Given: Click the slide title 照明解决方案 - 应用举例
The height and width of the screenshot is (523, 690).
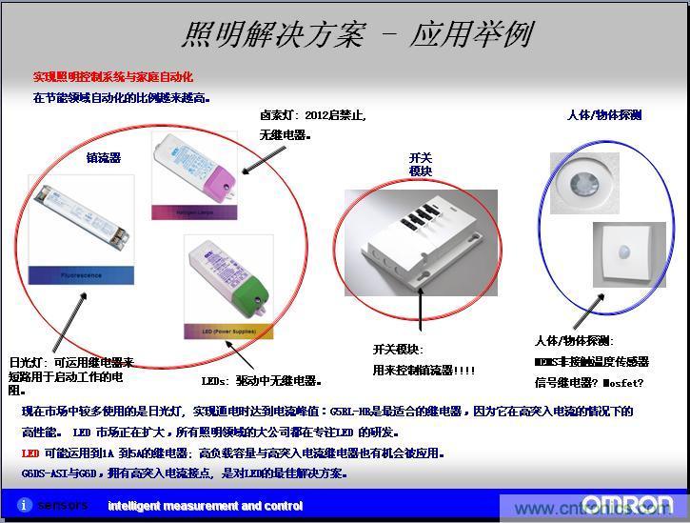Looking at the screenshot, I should point(356,34).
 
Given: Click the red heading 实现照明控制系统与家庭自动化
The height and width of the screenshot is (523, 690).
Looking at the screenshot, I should point(113,76).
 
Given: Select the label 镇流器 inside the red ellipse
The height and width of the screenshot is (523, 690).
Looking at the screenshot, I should point(104,158).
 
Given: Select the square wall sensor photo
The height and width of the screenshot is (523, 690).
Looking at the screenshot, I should point(628,253).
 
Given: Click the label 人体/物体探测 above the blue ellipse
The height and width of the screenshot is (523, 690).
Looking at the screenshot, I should point(604,115).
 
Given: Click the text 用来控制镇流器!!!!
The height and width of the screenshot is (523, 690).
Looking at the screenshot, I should point(424,370).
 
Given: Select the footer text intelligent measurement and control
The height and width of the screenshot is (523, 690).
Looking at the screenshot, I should point(205,506).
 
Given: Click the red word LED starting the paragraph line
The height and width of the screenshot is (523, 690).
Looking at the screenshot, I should point(30,453).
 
